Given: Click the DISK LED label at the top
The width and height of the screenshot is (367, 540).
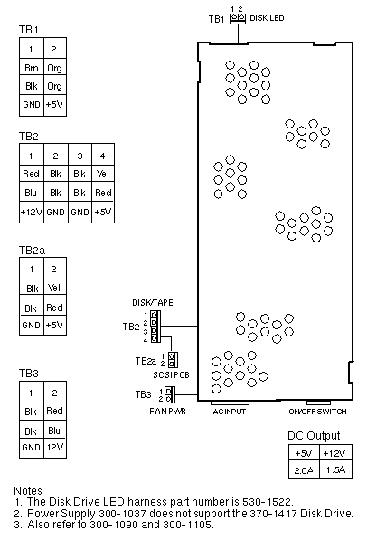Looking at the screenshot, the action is pyautogui.click(x=267, y=18).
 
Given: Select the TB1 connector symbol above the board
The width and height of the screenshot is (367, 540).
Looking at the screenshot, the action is pyautogui.click(x=238, y=19).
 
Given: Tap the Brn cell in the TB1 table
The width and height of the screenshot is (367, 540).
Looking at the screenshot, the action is pyautogui.click(x=32, y=68).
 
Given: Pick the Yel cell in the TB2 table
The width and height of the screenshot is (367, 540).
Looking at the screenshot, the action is pyautogui.click(x=103, y=174).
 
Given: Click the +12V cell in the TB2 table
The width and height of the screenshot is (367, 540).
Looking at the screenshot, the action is pyautogui.click(x=32, y=212).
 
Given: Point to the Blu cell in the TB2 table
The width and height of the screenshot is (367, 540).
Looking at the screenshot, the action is pyautogui.click(x=32, y=193).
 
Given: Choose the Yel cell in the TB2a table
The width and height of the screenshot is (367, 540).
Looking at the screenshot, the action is pyautogui.click(x=55, y=288).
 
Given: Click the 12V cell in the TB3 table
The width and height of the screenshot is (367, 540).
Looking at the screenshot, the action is pyautogui.click(x=55, y=448).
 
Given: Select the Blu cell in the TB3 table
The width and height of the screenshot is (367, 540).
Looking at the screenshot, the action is pyautogui.click(x=55, y=431).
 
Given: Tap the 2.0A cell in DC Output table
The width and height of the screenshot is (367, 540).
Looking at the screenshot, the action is pyautogui.click(x=304, y=469).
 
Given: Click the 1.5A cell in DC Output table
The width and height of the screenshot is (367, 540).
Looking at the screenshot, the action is pyautogui.click(x=335, y=469).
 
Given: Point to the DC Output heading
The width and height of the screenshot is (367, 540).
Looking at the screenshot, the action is pyautogui.click(x=314, y=436).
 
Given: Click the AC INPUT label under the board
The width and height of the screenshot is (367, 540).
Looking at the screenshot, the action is pyautogui.click(x=230, y=412).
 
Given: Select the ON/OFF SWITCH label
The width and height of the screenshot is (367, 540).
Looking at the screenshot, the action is pyautogui.click(x=317, y=412).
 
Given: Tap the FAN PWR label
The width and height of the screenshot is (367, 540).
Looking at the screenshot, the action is pyautogui.click(x=167, y=412).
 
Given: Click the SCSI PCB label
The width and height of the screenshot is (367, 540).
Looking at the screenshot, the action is pyautogui.click(x=171, y=375).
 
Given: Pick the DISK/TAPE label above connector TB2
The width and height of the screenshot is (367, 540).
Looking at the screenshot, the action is pyautogui.click(x=153, y=303).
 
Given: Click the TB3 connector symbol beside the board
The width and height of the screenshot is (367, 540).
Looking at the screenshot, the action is pyautogui.click(x=170, y=394).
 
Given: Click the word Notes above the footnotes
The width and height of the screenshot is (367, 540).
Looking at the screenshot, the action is pyautogui.click(x=28, y=491).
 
